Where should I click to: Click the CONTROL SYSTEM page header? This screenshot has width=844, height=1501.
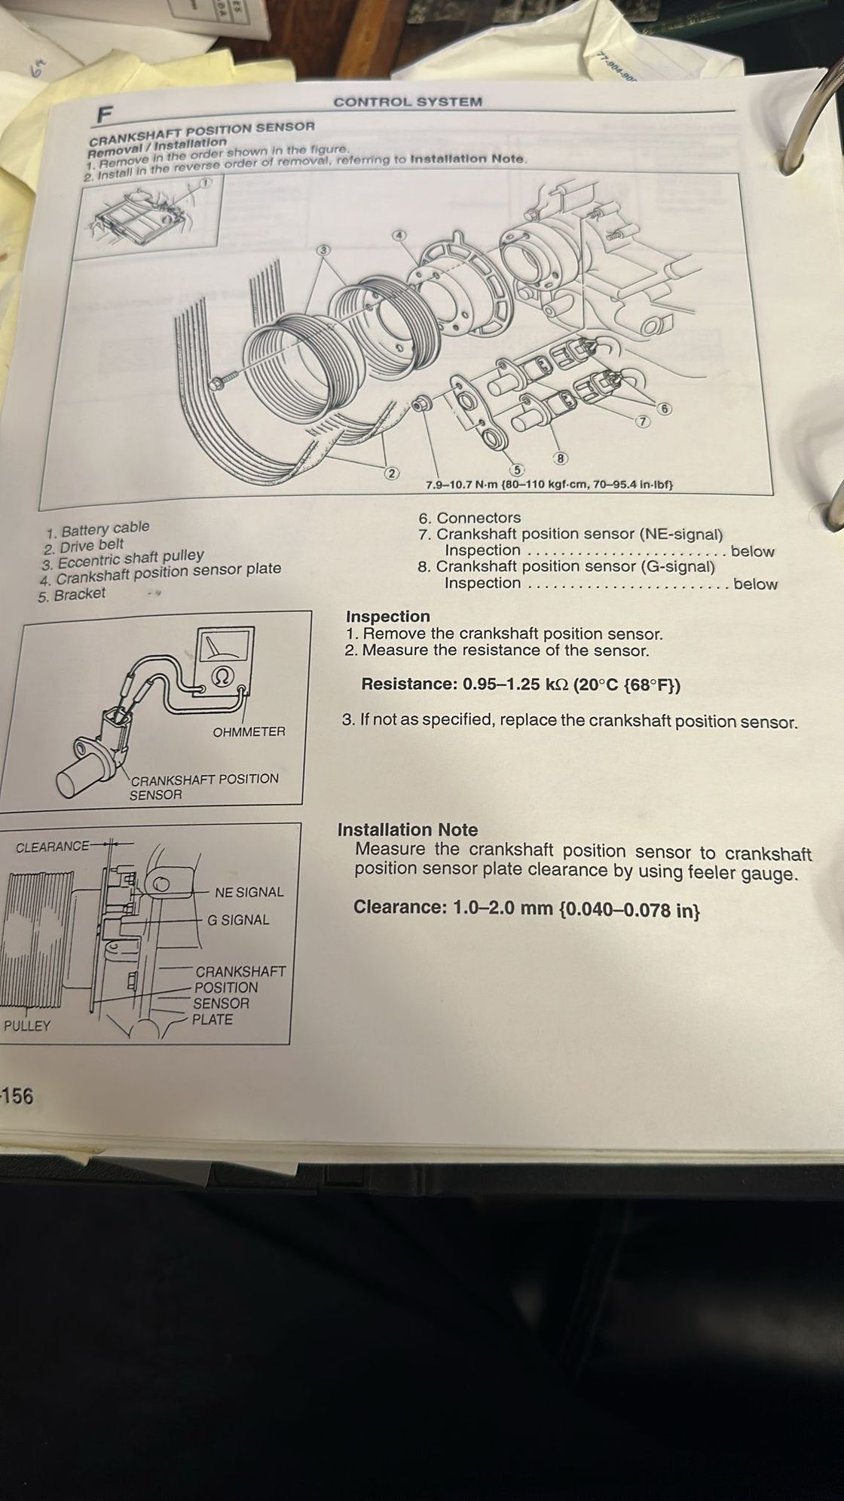[408, 102]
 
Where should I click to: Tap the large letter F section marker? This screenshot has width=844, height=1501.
[103, 115]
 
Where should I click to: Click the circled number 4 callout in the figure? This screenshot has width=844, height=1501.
[401, 235]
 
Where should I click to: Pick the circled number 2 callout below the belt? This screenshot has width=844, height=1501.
[390, 473]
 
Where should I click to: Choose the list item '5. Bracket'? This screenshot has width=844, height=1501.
[72, 594]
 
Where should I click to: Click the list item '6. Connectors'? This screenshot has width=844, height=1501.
[469, 518]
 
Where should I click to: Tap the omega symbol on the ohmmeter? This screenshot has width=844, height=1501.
[221, 675]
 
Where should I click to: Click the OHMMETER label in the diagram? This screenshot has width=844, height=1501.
[249, 731]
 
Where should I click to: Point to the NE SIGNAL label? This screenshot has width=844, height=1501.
[249, 892]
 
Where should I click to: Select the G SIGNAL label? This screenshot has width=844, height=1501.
[238, 920]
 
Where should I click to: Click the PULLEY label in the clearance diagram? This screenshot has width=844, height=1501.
[27, 1026]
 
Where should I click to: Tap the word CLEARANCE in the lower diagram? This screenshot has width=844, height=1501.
[52, 847]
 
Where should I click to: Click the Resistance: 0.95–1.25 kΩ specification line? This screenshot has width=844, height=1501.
[521, 685]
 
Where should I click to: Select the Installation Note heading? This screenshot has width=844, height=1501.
[408, 830]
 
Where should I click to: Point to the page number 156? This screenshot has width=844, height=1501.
[17, 1095]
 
